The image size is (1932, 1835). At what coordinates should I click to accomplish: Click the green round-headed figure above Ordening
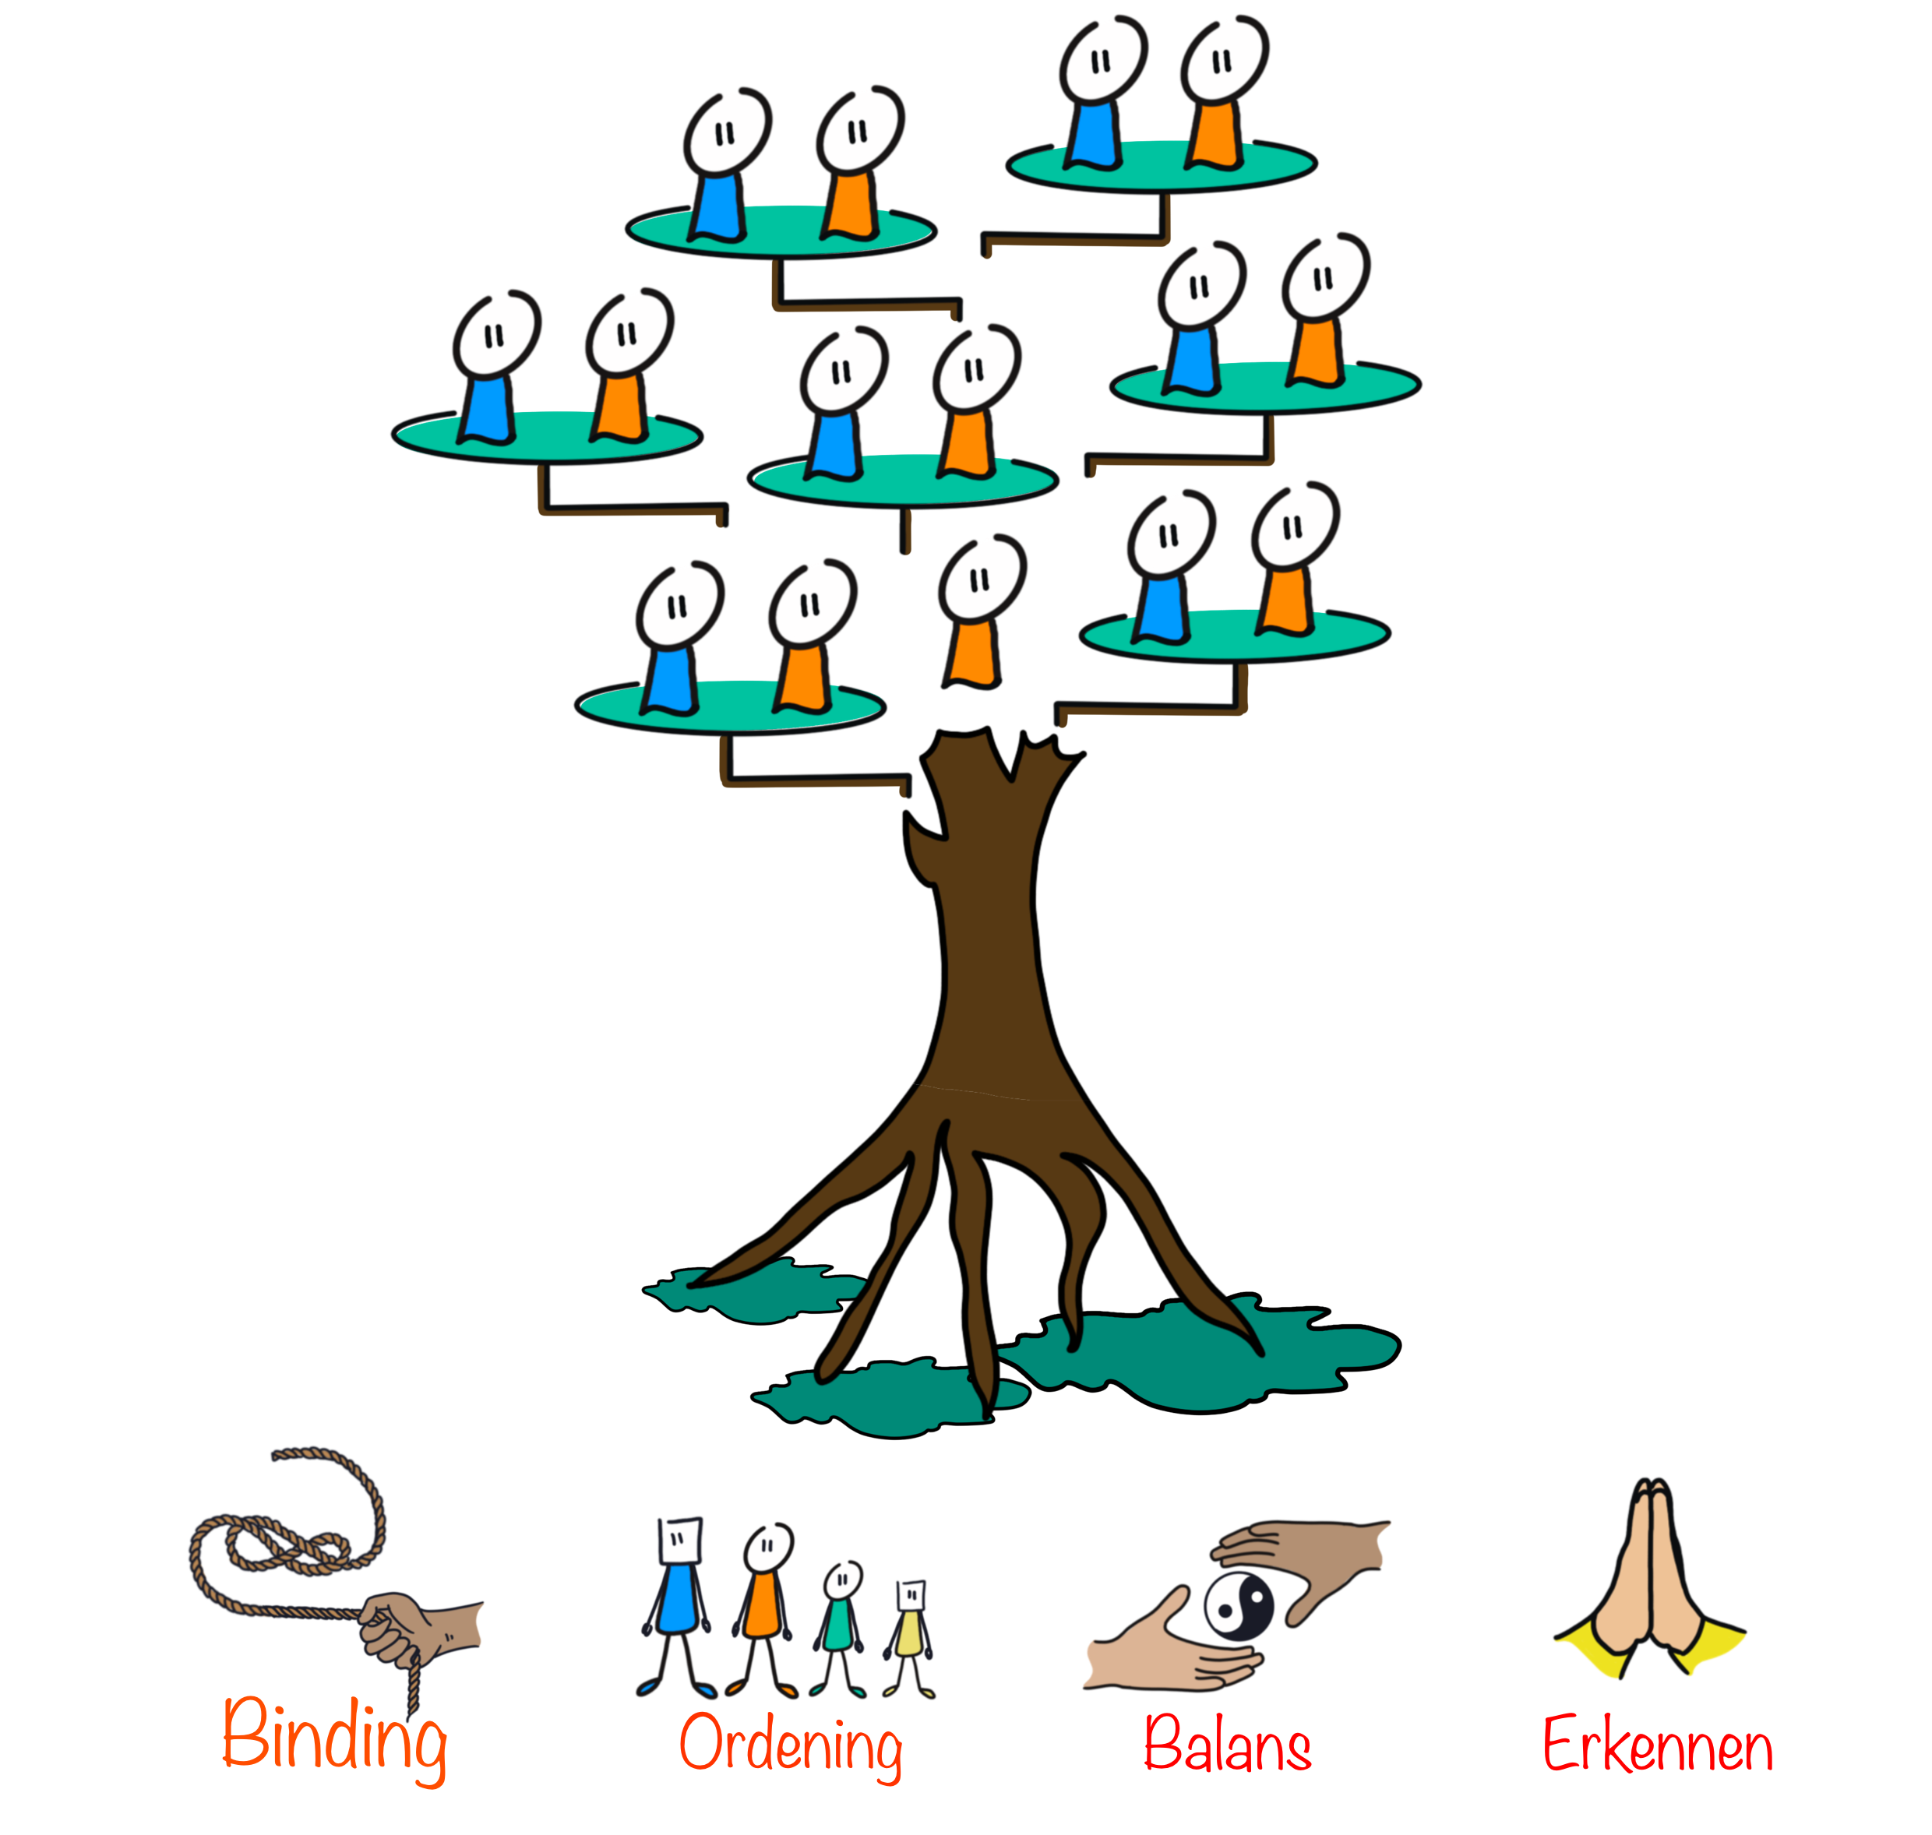[x=838, y=1628]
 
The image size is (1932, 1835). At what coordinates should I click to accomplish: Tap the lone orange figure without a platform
[x=978, y=611]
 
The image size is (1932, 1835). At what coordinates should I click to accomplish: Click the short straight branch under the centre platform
[x=906, y=530]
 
